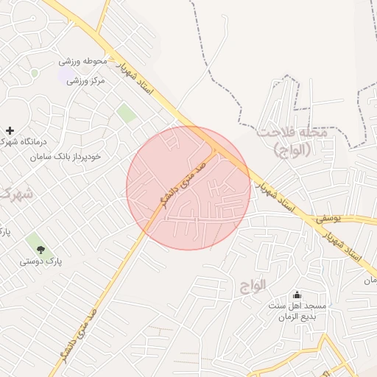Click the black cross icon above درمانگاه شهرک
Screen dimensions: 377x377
coord(9,130)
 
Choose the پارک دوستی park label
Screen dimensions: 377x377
coord(40,261)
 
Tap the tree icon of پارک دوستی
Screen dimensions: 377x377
coord(40,250)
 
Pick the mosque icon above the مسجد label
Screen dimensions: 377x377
coord(297,295)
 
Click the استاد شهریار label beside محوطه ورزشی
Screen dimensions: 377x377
coord(140,80)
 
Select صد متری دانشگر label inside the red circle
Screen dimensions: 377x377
coord(177,187)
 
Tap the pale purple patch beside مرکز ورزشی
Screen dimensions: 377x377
coord(65,75)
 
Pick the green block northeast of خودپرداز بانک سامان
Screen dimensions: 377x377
coord(127,113)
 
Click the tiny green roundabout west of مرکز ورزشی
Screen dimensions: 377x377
coord(35,73)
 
